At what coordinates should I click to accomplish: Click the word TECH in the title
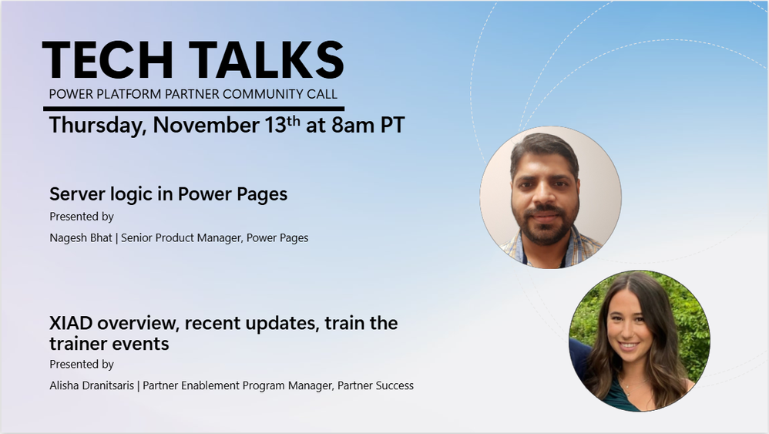(107, 60)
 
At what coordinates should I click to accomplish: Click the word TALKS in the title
(266, 60)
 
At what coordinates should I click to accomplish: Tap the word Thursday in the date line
(98, 126)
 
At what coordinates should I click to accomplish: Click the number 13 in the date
(275, 125)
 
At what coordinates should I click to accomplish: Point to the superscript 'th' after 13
(294, 121)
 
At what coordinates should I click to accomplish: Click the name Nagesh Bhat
(81, 238)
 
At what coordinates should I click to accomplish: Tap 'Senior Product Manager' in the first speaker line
(181, 238)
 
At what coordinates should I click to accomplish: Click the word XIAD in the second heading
(71, 323)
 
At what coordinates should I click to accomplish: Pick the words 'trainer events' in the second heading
(109, 344)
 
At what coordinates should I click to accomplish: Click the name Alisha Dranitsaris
(92, 386)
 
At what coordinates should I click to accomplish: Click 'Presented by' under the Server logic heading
(82, 217)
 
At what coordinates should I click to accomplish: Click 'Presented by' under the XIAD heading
(82, 365)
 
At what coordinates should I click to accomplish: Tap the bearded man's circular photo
(551, 197)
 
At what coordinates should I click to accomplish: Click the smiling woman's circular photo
(640, 341)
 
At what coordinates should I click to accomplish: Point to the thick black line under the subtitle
(193, 109)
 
